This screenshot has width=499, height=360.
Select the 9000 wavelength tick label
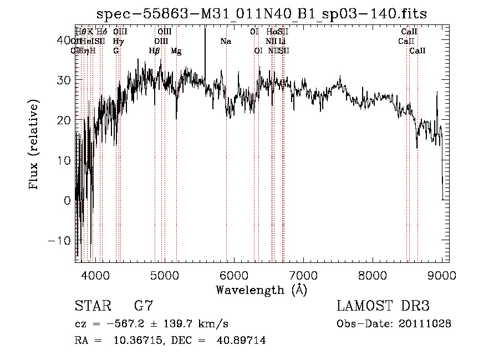(442, 275)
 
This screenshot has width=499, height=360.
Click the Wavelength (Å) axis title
(261, 290)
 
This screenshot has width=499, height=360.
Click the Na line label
(226, 41)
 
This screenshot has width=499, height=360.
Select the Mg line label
(176, 51)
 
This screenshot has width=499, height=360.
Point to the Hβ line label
(155, 51)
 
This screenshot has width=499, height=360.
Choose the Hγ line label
(118, 41)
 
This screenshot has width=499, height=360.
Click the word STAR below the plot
(90, 306)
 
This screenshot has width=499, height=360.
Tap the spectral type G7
(144, 306)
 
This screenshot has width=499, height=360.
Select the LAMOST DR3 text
(383, 306)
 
